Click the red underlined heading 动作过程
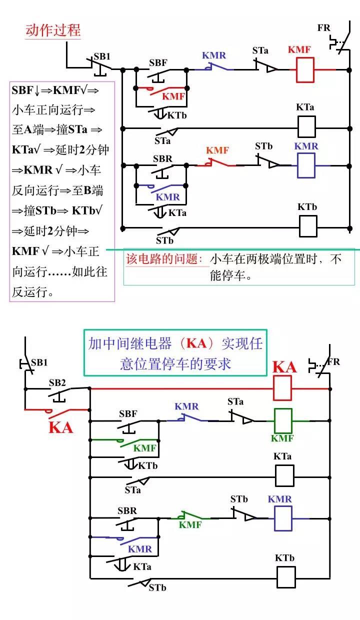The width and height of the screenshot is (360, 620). (53, 30)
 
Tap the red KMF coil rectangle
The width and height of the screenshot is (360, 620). (304, 69)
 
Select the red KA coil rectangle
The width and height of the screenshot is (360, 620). (282, 388)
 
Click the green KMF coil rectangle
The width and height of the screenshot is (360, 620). (283, 420)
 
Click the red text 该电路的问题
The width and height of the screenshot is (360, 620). (164, 259)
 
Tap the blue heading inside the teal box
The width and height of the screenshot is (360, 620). (175, 353)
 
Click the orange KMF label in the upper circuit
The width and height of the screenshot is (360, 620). (217, 150)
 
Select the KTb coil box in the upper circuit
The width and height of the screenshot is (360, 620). (307, 226)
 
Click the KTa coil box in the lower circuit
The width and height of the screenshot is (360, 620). (284, 475)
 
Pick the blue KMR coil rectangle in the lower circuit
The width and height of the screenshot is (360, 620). (283, 518)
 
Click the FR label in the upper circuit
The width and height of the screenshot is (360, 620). (324, 28)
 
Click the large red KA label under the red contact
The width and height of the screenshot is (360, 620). (61, 427)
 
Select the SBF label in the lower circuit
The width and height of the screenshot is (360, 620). (128, 414)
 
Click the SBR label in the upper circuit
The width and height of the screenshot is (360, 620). (162, 159)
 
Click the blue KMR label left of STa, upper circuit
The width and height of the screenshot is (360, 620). (214, 55)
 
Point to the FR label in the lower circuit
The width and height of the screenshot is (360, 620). (333, 361)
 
